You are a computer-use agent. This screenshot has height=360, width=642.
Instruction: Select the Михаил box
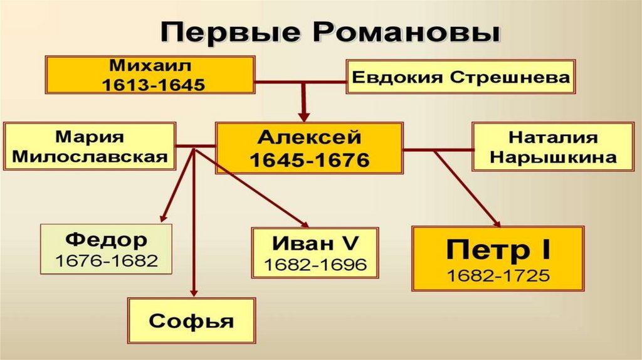point(149,74)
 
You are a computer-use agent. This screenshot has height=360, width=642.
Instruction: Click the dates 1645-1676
point(309,159)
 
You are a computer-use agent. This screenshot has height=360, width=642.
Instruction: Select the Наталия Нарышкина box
point(553,147)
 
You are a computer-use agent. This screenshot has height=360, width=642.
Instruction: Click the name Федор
point(107,240)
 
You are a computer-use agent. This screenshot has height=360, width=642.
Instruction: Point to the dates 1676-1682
point(107,260)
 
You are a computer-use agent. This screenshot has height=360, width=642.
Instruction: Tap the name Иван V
point(315,243)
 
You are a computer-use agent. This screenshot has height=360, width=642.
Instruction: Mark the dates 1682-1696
point(315,264)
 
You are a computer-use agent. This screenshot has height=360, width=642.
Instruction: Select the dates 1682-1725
point(498,276)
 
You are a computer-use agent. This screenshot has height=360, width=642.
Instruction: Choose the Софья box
point(191,322)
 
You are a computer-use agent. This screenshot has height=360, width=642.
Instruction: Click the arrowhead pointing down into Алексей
point(304,117)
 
